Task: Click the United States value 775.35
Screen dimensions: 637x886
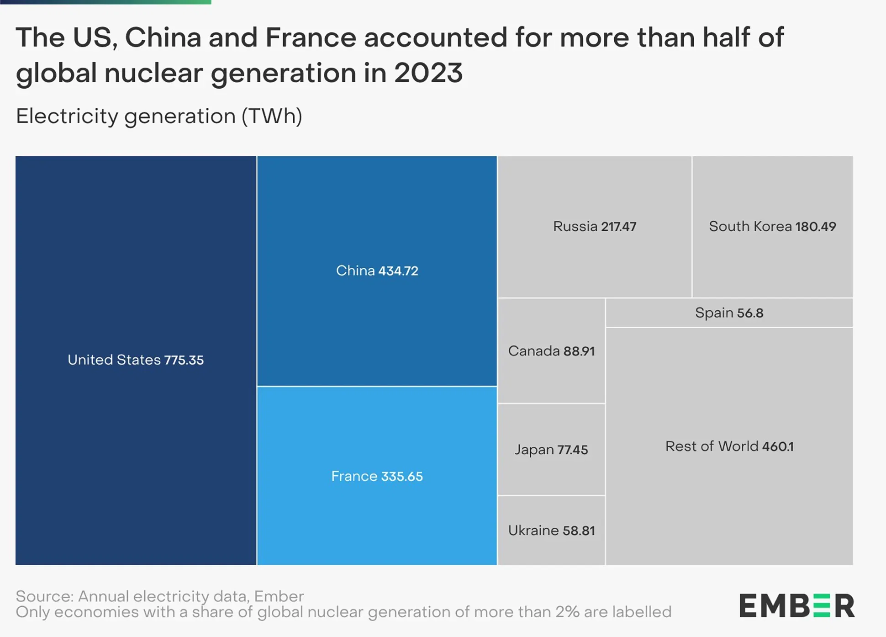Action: click(x=184, y=360)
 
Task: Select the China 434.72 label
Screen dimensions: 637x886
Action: click(x=377, y=271)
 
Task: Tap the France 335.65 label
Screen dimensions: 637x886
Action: click(x=377, y=476)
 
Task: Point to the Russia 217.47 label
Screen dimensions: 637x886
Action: click(x=594, y=226)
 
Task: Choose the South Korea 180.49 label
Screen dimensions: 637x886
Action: click(x=772, y=226)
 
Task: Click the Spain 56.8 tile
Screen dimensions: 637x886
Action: click(x=729, y=313)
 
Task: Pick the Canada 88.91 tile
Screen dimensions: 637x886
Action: click(x=551, y=351)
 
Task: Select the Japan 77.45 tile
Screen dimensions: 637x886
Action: click(x=551, y=450)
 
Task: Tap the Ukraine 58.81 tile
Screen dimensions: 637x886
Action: click(x=551, y=531)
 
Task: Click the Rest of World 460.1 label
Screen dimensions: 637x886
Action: click(x=729, y=446)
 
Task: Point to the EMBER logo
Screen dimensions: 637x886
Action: click(x=796, y=605)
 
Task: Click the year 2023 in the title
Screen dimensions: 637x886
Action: click(x=428, y=73)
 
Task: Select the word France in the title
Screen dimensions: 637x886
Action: click(x=310, y=37)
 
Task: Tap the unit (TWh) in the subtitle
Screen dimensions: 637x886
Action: click(x=271, y=116)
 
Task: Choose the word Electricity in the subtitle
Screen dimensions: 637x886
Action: click(x=67, y=116)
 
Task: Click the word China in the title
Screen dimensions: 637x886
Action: click(x=163, y=37)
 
